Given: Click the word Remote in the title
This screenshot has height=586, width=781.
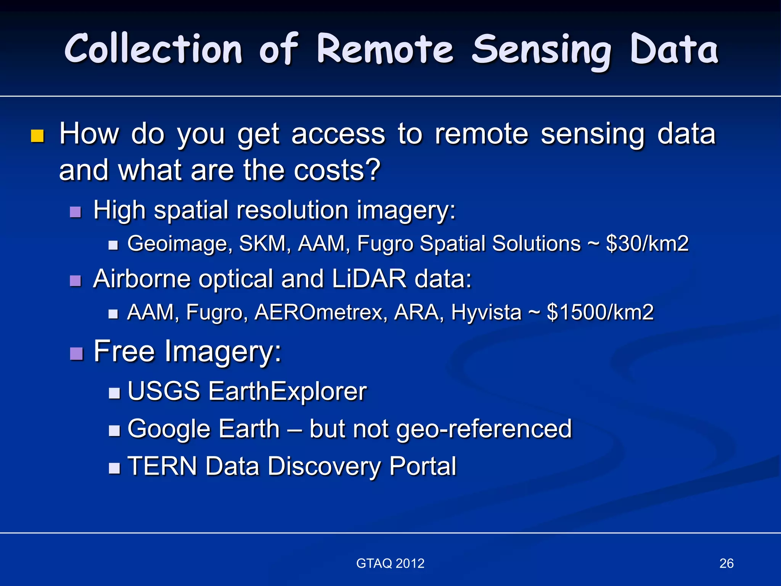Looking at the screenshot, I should click(385, 50).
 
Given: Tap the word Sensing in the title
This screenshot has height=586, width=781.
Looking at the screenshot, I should click(542, 52).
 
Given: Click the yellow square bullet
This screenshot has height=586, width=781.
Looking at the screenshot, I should click(37, 136).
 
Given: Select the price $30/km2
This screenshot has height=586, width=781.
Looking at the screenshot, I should click(647, 243).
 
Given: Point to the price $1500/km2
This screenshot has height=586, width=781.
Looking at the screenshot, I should click(600, 312).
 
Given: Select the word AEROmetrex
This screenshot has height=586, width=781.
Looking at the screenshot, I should click(320, 312).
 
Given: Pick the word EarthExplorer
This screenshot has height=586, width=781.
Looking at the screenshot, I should click(287, 391).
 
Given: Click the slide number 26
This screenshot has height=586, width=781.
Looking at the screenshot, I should click(726, 563).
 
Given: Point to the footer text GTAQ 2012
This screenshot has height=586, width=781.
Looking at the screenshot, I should click(390, 563).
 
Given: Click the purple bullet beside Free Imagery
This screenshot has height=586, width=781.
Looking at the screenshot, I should click(76, 354).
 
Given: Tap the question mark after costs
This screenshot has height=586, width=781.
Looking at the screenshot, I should click(371, 170).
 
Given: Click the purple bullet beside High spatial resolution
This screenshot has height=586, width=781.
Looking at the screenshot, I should click(76, 212).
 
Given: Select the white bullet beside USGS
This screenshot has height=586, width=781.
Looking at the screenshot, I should click(114, 393).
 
